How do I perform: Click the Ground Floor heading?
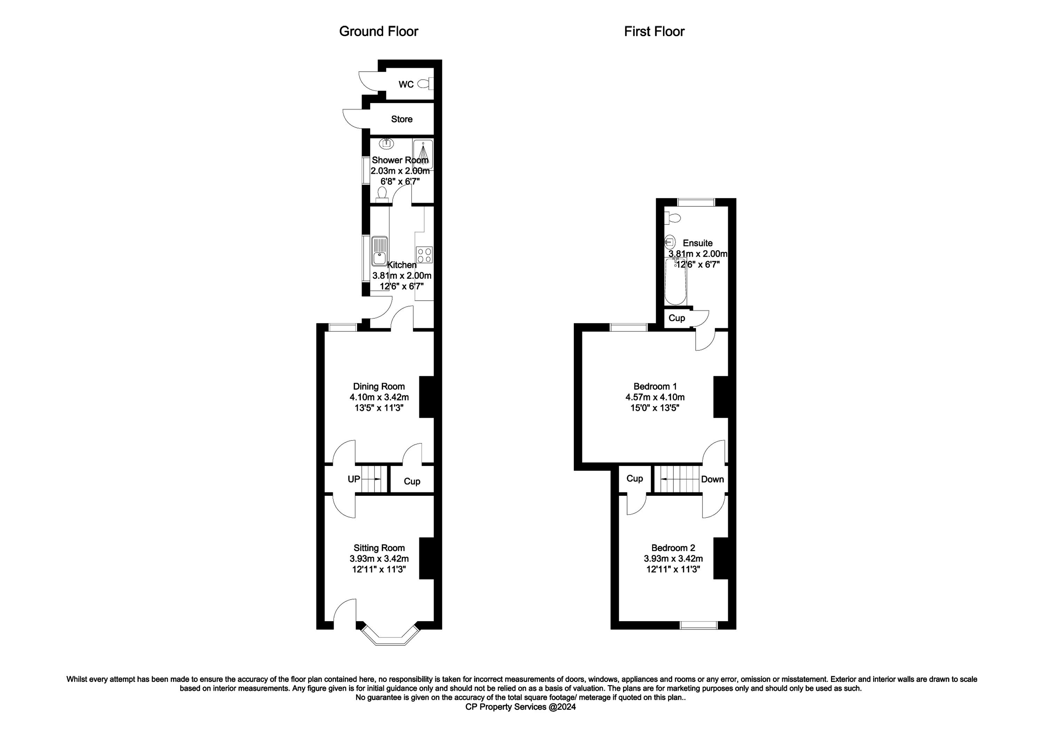[378, 31]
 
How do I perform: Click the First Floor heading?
[654, 31]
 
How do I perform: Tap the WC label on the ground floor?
[406, 84]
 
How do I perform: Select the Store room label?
[402, 119]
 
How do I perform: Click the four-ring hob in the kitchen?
[424, 255]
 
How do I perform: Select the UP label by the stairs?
[354, 479]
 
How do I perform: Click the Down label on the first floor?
[712, 479]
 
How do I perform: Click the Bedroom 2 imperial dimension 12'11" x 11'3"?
[673, 569]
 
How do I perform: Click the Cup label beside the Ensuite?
[677, 318]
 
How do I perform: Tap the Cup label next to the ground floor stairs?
[412, 481]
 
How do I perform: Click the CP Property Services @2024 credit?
[521, 707]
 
